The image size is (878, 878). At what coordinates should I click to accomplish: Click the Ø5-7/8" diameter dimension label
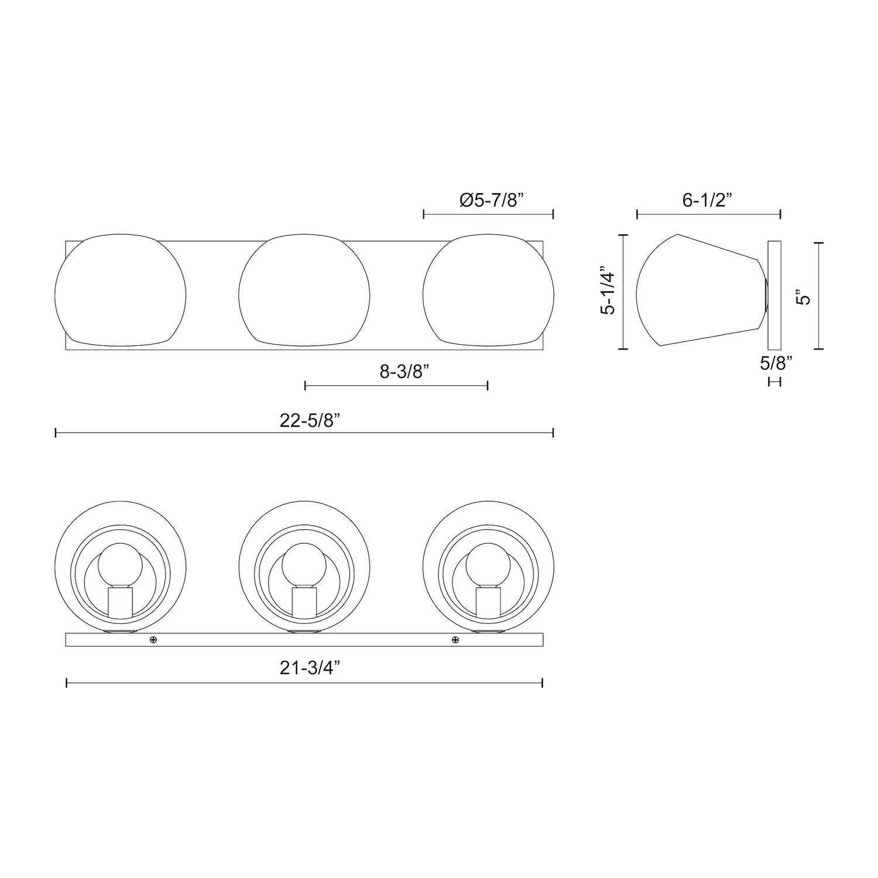491,201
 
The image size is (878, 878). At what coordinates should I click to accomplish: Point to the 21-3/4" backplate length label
310,668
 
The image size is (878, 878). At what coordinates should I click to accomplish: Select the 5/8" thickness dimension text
776,363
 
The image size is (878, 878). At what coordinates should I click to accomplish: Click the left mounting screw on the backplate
153,639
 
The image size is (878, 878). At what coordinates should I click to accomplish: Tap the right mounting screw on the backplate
455,639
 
